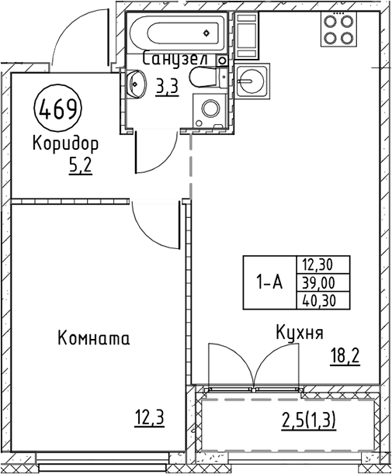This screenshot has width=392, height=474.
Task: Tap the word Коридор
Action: coord(65,144)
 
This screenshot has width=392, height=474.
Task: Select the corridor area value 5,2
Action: coord(80,166)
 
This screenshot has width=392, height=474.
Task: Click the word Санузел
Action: coord(175,59)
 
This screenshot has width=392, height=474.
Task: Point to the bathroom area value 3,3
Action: coord(167,86)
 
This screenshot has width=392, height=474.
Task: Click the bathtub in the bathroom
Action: coord(177,33)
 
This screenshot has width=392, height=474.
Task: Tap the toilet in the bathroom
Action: coord(209,78)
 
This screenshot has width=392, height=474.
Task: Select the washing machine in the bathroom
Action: coord(210,110)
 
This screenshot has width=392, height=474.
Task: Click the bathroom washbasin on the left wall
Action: coord(136,84)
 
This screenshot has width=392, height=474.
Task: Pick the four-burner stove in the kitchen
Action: coord(338,29)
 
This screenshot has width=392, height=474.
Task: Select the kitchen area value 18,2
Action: coord(345,355)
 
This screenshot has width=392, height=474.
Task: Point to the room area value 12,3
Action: coord(150,418)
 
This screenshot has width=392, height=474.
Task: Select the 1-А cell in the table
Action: coord(270,282)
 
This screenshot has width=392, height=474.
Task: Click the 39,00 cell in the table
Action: coord(323,283)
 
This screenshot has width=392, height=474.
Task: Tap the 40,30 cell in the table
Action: coord(323,301)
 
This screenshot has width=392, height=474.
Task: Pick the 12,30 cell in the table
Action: coord(323,265)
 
